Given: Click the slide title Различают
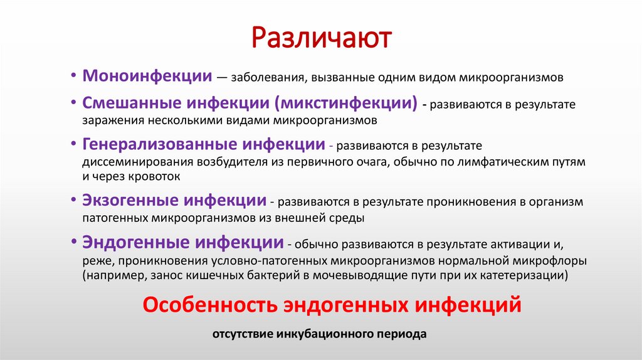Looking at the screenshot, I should click(x=321, y=38).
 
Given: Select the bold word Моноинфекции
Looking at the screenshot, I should click(x=147, y=77).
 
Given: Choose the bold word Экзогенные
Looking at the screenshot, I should click(x=130, y=201).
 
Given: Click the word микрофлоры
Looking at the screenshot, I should click(x=555, y=260).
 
